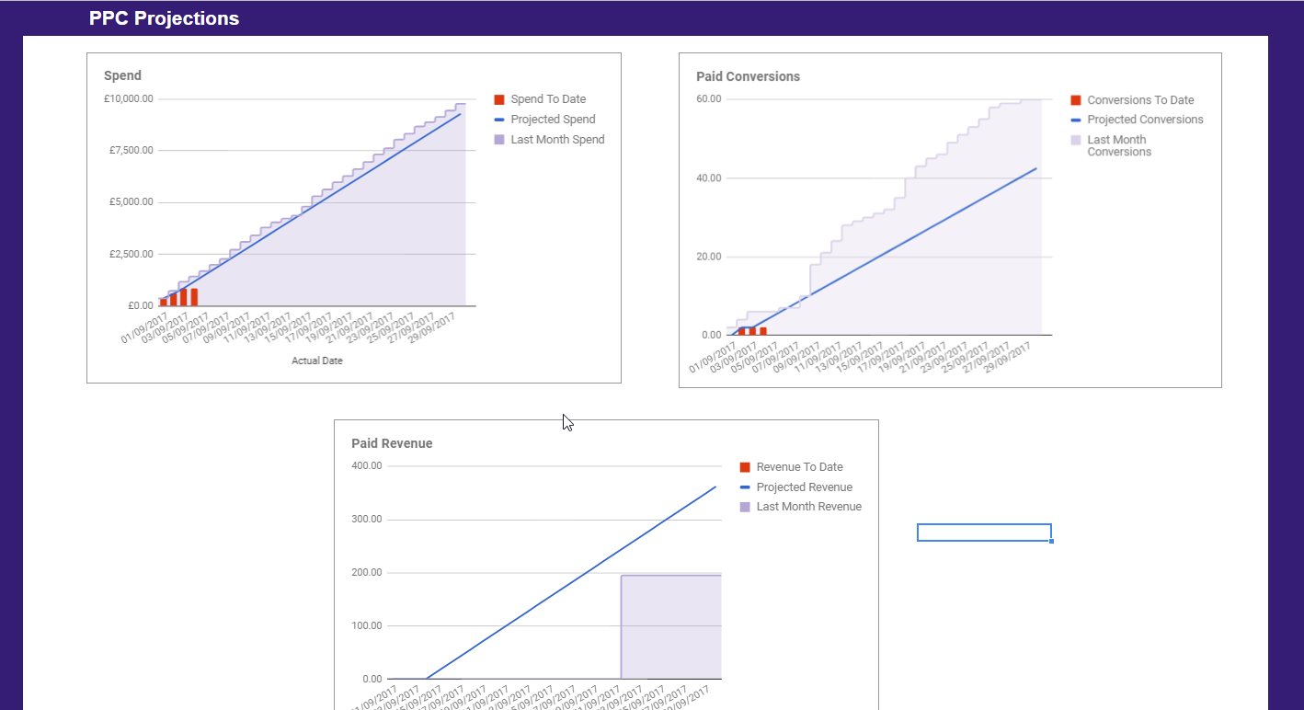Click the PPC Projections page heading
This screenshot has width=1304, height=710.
[164, 18]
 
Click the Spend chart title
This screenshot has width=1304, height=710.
[122, 75]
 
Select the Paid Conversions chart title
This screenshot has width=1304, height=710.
[748, 76]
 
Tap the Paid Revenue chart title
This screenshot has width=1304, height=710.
[392, 443]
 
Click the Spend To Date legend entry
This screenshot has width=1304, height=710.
[548, 99]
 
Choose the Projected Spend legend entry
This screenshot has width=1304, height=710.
[553, 120]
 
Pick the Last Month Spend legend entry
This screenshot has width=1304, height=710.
[557, 140]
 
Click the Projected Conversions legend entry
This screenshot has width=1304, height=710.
[1145, 120]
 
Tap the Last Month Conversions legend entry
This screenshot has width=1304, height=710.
[1119, 145]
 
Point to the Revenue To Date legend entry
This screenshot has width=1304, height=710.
[799, 467]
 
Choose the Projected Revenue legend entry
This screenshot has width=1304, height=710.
[804, 487]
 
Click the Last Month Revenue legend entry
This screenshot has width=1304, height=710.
[808, 507]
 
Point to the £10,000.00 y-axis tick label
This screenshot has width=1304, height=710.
[129, 98]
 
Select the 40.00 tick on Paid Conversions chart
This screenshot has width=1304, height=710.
[708, 177]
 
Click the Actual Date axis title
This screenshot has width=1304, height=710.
[317, 361]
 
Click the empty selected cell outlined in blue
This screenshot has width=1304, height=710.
[984, 532]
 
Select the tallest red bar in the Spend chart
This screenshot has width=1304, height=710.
[194, 297]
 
